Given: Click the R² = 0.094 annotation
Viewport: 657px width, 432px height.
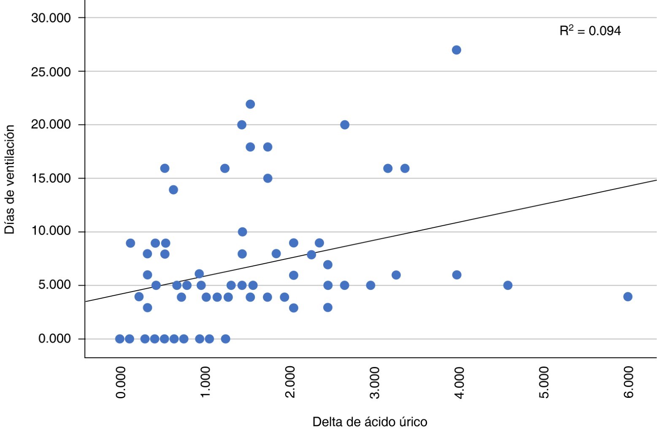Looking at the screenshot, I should (590, 31).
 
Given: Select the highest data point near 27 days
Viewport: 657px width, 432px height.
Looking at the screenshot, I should (456, 50).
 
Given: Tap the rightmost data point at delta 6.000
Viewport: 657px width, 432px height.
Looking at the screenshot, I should (627, 297).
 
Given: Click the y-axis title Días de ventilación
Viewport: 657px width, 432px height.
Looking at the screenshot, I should (10, 179).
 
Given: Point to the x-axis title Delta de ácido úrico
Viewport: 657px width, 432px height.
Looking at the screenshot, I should (370, 421).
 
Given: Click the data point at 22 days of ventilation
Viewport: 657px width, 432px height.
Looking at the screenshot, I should (250, 104).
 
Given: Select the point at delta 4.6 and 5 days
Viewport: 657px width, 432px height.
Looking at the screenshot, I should (508, 285).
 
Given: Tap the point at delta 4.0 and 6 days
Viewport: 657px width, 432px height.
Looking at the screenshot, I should (457, 275).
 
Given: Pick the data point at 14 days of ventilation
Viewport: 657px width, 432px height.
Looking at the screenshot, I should (173, 189).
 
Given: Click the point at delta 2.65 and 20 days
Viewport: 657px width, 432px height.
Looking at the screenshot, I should (345, 125).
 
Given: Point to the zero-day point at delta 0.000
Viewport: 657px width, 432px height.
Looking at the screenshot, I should (120, 339).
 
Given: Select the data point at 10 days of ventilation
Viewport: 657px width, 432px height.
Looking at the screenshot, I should (242, 232).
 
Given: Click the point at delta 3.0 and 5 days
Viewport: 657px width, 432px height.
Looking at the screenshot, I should (370, 285).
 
